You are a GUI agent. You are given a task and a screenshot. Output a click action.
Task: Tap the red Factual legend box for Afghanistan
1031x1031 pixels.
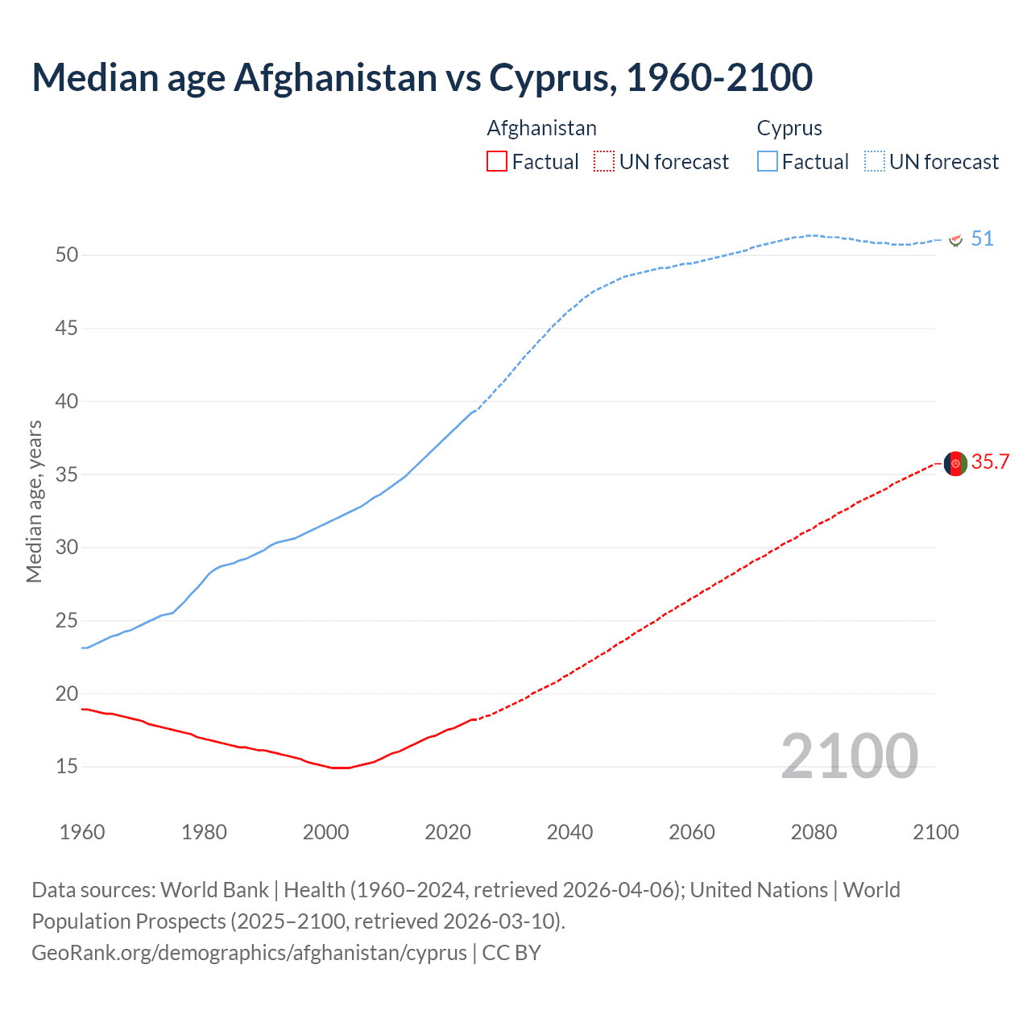pos(497,162)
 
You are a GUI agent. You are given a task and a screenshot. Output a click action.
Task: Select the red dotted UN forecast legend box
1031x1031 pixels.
pos(604,162)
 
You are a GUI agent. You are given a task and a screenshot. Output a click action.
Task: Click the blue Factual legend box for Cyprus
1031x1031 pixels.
pos(767,162)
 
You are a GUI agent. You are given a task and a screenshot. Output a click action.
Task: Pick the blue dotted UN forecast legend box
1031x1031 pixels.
pos(875,162)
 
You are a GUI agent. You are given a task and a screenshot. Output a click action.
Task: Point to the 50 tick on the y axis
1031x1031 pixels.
pos(67,255)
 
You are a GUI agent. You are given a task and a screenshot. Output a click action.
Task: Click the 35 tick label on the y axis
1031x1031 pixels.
pos(67,474)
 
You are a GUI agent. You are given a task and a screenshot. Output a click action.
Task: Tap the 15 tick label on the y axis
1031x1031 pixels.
pos(67,767)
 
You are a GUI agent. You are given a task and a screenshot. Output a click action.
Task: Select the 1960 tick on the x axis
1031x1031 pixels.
pos(82,832)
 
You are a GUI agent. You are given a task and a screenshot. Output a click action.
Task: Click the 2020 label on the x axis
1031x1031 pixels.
pos(448,832)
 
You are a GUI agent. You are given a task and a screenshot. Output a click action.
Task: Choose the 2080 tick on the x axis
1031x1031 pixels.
pos(814,832)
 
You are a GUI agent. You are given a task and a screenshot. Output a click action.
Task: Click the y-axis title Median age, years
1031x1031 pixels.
pos(34,501)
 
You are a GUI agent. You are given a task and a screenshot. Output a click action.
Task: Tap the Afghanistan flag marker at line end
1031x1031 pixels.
pos(955,464)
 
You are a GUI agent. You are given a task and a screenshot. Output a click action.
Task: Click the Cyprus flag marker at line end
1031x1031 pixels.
pos(956,240)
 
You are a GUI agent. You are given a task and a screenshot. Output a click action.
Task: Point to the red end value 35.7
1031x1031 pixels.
pos(990,462)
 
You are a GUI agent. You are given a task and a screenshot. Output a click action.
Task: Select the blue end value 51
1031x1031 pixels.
pos(982,239)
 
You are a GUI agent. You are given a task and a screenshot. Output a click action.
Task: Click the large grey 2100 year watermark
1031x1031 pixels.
pos(849,756)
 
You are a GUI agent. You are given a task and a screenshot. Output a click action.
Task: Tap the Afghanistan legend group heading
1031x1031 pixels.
pos(541,129)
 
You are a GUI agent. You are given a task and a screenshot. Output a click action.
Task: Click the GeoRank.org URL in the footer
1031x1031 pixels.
pos(249,953)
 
